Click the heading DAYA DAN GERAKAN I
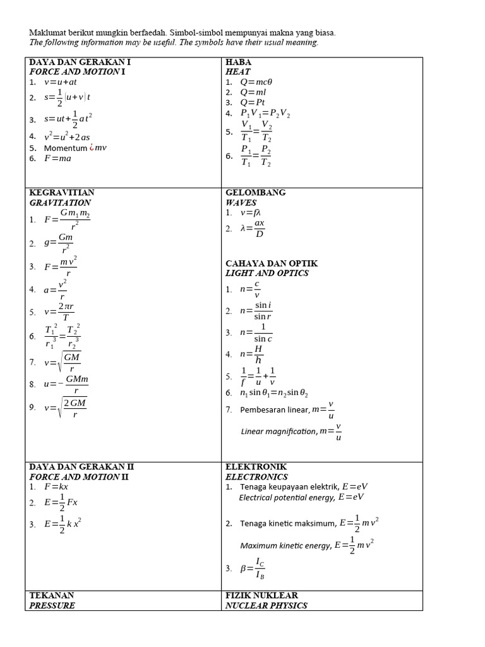[80, 62]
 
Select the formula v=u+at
[61, 82]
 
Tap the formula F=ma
[57, 159]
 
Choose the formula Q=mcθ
[256, 82]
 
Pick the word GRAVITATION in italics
[60, 203]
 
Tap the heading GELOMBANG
[256, 192]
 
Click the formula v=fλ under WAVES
[251, 214]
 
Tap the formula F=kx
[56, 487]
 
